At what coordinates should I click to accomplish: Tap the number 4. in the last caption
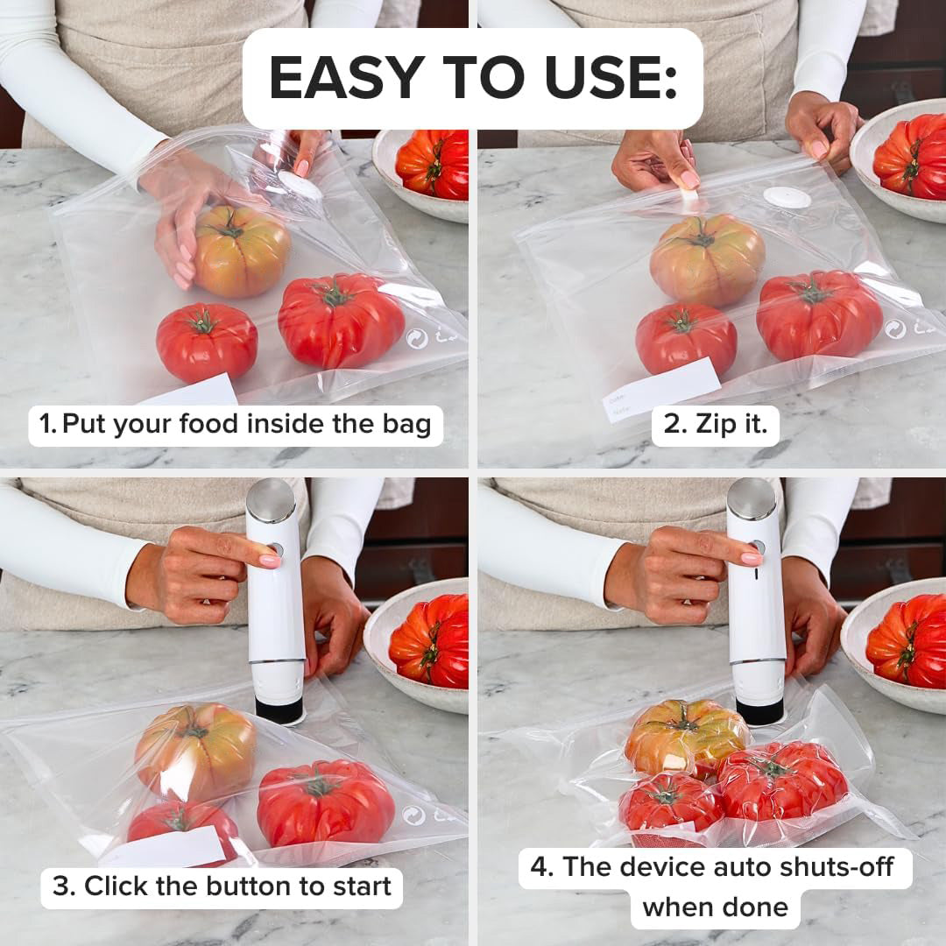542,867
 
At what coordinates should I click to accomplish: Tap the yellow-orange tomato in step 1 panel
242,251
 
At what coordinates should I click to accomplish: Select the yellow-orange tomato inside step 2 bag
707,260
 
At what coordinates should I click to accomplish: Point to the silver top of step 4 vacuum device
752,498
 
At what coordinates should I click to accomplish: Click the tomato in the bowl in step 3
430,640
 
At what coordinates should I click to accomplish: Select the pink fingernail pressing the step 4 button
752,559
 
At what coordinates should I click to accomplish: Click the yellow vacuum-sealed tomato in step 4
686,737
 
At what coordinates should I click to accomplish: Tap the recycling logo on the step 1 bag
416,338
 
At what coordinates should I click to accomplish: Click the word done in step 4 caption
758,907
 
